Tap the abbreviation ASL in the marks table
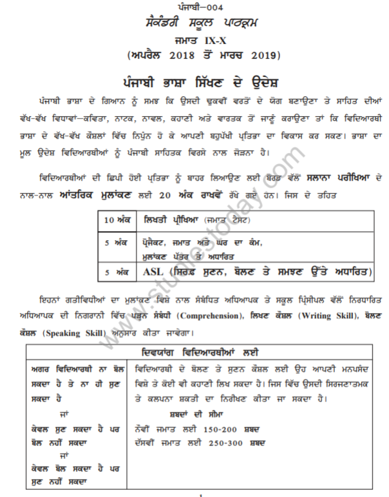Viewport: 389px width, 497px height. pyautogui.click(x=157, y=272)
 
